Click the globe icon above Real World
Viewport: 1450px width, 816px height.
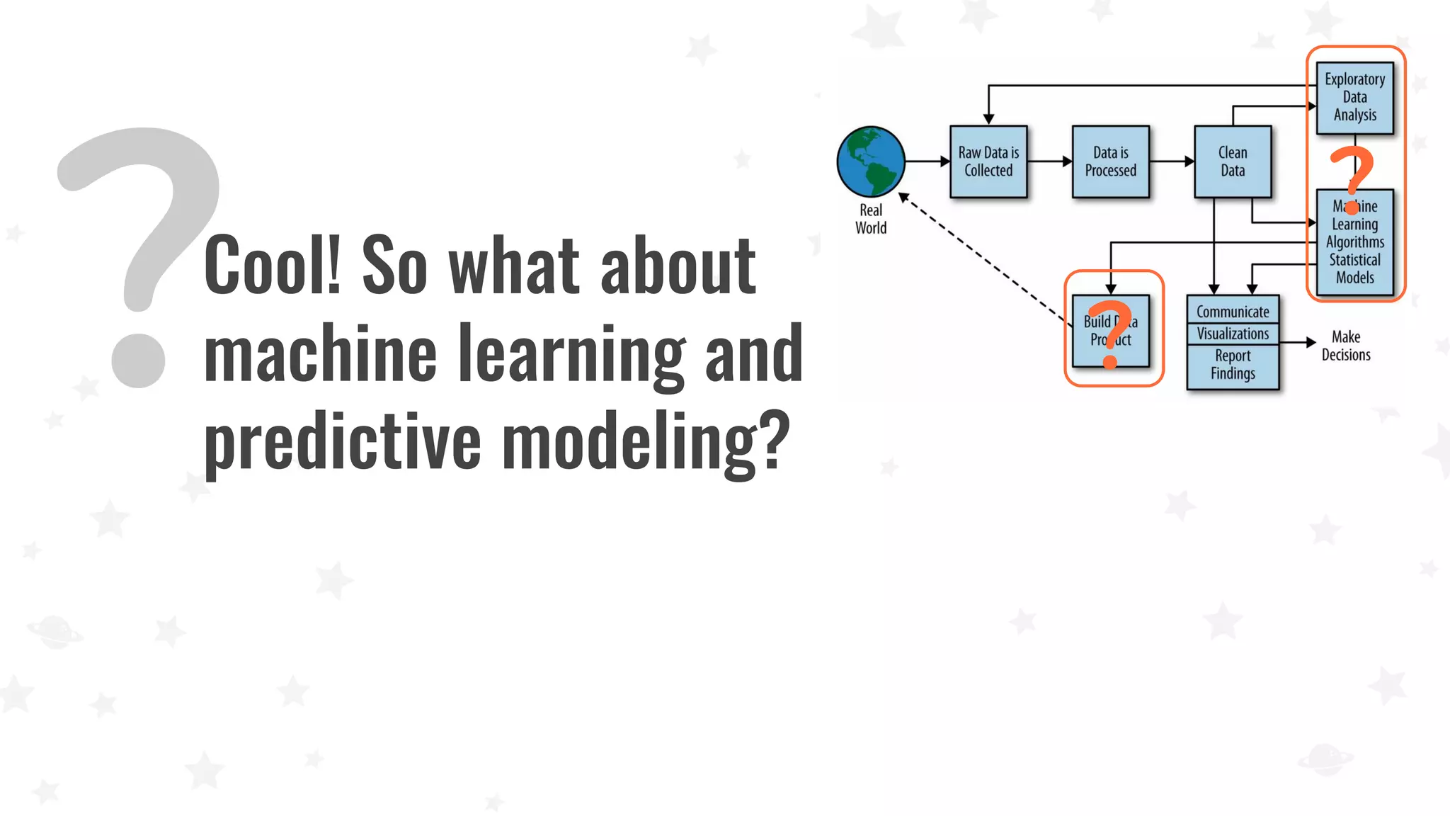click(x=870, y=161)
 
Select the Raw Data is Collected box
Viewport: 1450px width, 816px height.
click(x=988, y=161)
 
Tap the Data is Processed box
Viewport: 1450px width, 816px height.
click(x=1110, y=161)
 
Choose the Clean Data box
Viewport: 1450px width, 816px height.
click(x=1233, y=161)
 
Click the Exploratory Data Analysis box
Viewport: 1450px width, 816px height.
click(x=1354, y=97)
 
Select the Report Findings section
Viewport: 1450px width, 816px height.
click(x=1233, y=365)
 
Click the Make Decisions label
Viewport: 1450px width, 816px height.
click(x=1345, y=346)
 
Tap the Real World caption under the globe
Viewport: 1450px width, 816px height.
click(x=870, y=219)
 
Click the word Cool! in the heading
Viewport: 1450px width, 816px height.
click(x=273, y=265)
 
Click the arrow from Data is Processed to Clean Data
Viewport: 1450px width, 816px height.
click(x=1171, y=161)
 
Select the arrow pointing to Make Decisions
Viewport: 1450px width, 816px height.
click(x=1297, y=342)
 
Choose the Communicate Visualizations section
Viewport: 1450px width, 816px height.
click(x=1233, y=322)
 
